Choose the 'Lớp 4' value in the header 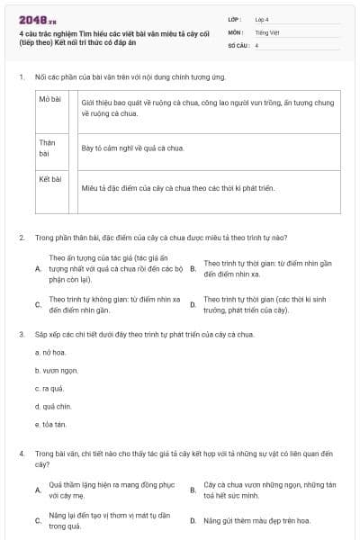(x=261, y=19)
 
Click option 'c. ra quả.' (x=49, y=388)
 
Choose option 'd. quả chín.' (x=52, y=406)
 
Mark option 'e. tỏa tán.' (x=50, y=424)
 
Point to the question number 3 (x=21, y=334)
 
